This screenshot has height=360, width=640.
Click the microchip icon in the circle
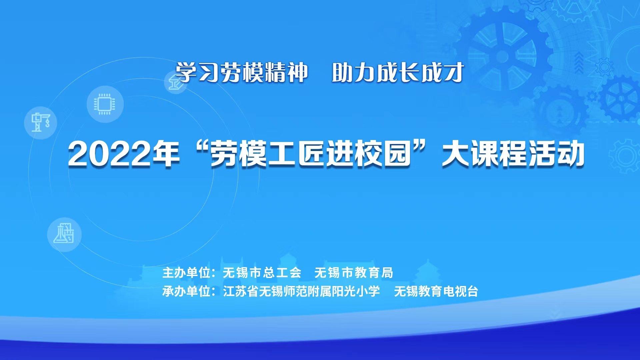coord(105,104)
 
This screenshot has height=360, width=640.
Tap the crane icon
coord(41,122)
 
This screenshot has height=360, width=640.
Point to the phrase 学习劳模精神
coord(241,72)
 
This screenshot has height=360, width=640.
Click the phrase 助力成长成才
coord(398,72)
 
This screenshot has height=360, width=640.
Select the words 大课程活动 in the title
coord(513,154)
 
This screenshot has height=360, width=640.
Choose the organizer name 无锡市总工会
coord(262,273)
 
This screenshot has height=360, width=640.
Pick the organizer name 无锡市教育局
coord(354,273)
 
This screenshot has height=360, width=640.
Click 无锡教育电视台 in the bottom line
coord(436,291)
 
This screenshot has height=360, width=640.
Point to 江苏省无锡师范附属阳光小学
coord(301,291)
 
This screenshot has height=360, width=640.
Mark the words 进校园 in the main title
coord(368,154)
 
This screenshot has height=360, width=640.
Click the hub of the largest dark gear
coord(505,55)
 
